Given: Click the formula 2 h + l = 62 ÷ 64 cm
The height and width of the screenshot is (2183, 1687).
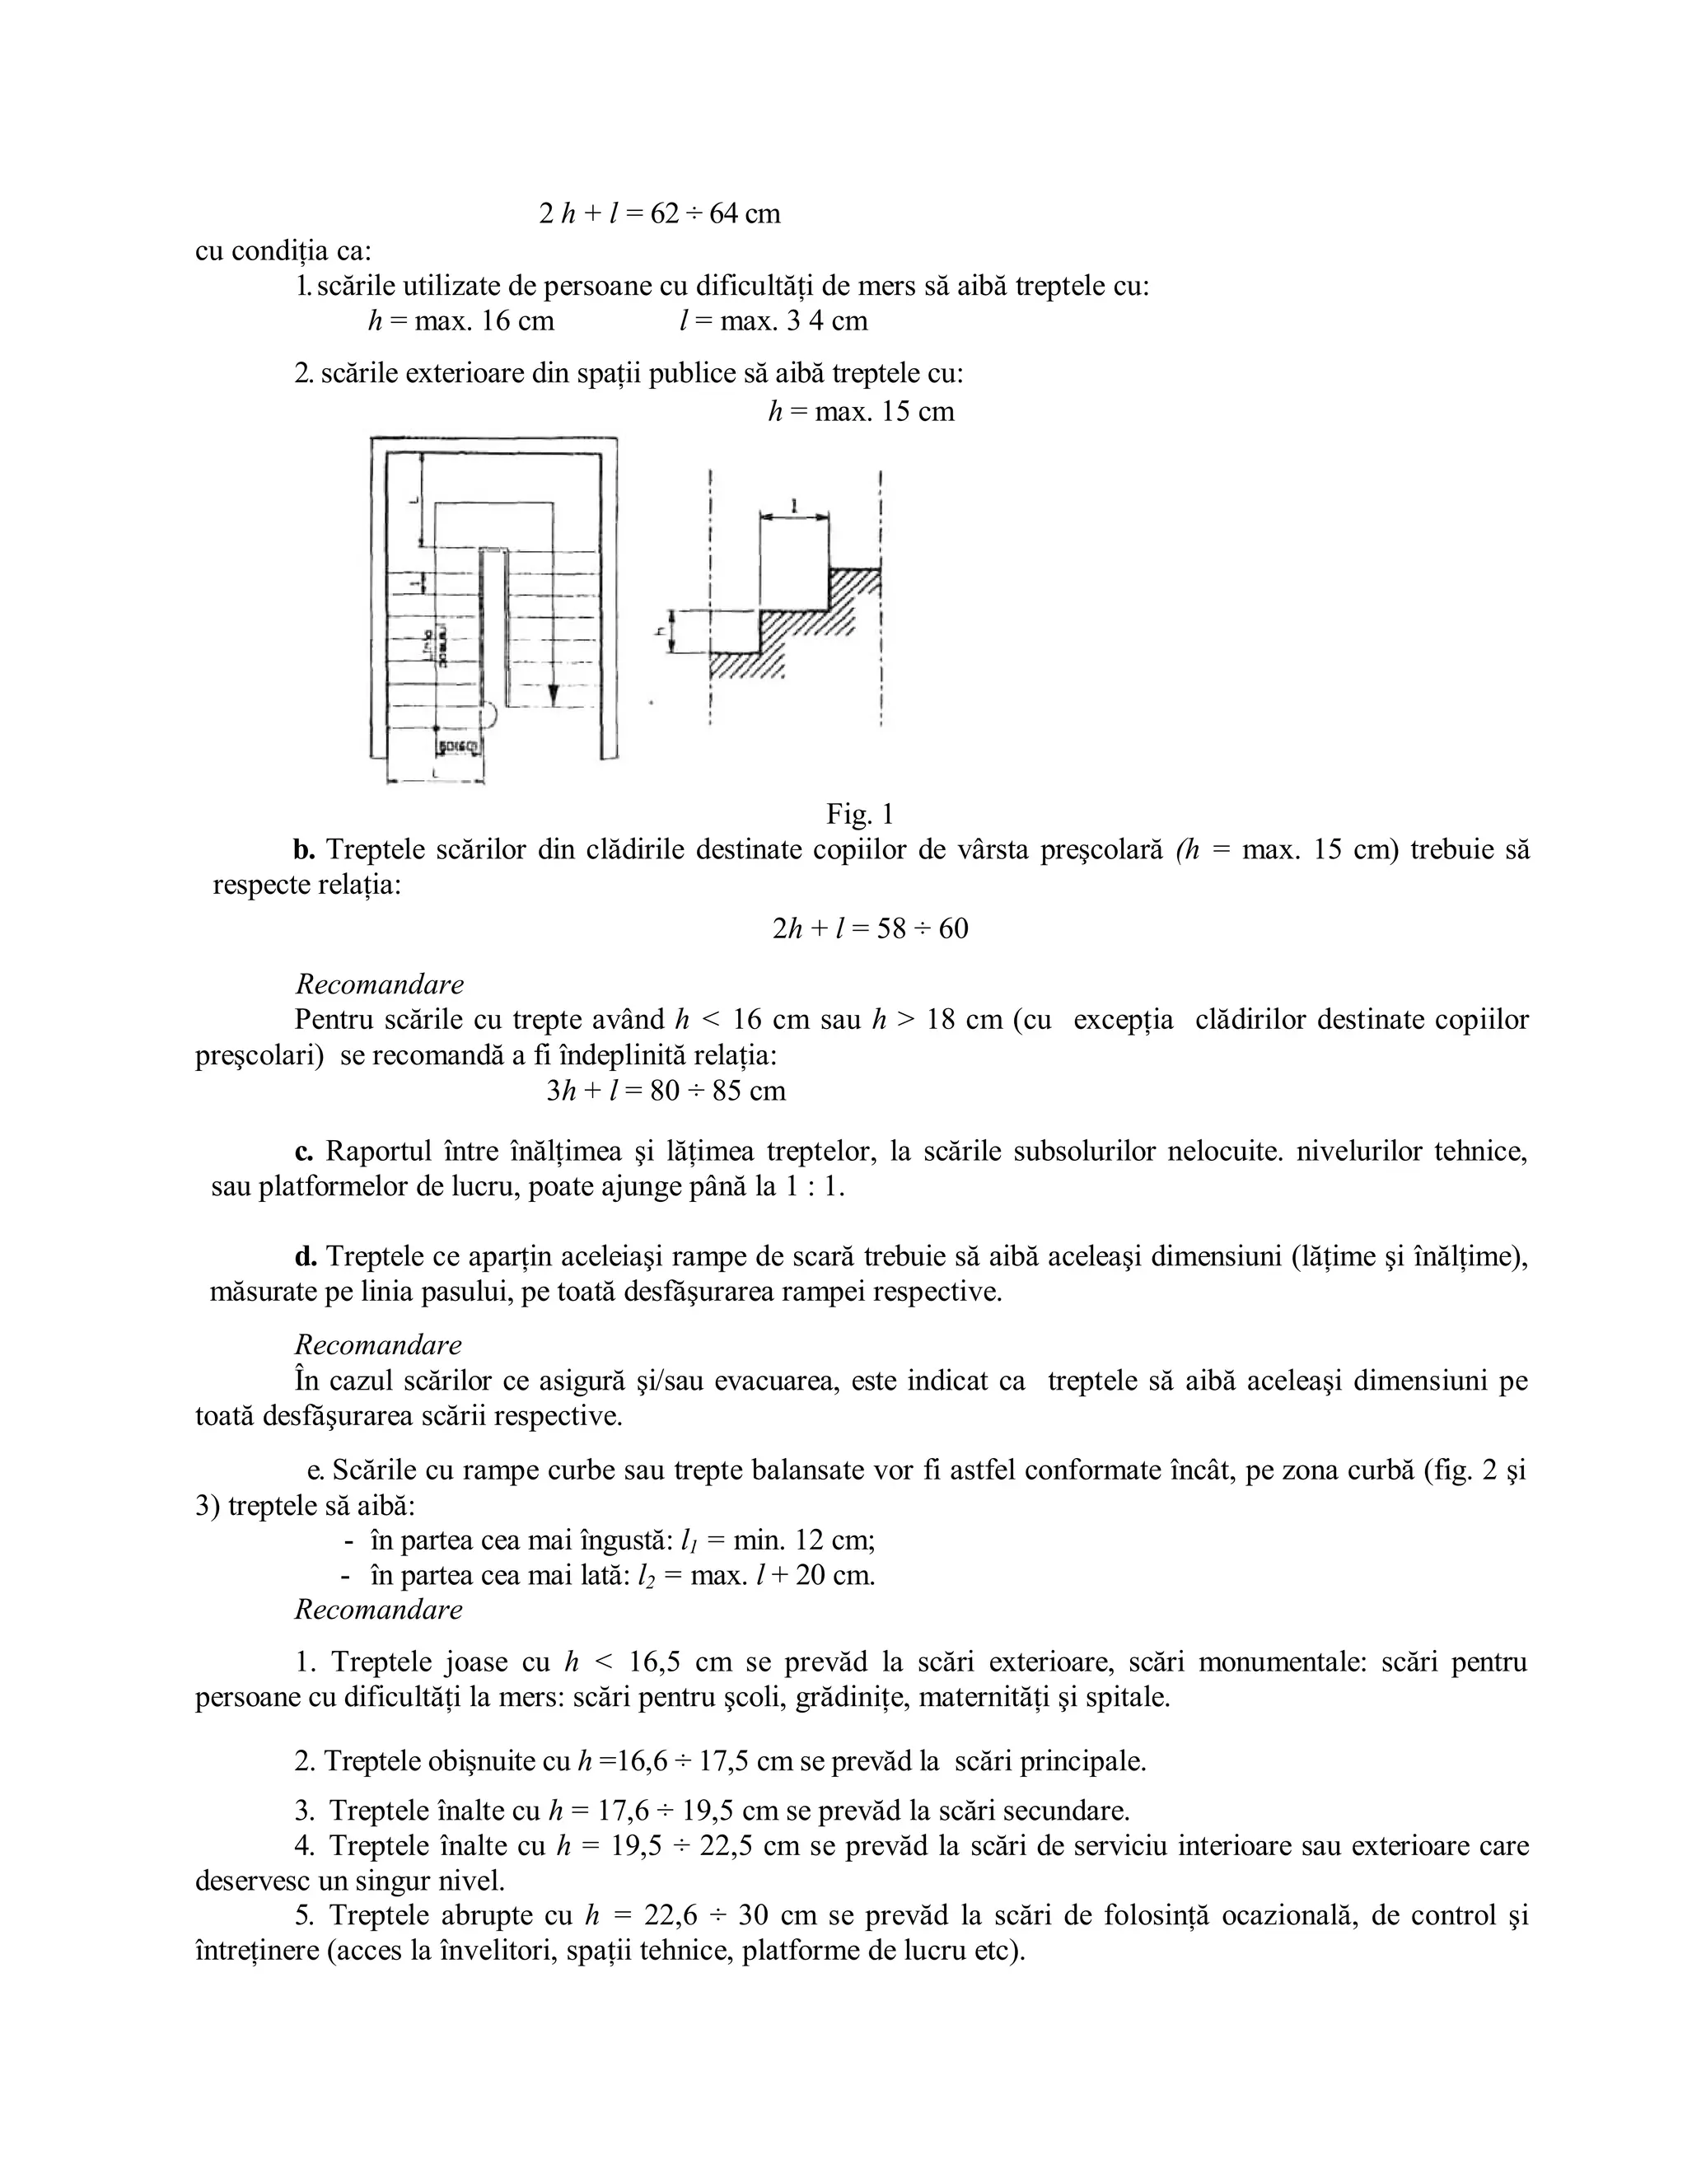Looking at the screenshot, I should tap(660, 214).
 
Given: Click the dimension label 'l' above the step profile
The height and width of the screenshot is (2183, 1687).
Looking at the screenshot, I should tap(793, 507).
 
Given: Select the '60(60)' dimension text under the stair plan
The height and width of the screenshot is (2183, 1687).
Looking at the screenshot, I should tap(459, 746).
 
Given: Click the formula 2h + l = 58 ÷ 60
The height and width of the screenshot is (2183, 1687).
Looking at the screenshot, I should tap(870, 928).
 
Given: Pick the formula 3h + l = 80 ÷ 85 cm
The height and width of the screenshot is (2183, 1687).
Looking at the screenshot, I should tap(666, 1090).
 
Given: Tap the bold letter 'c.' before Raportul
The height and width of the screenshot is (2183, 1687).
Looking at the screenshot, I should tap(304, 1152).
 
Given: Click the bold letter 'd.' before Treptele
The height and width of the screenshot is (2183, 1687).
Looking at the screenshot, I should tap(305, 1256).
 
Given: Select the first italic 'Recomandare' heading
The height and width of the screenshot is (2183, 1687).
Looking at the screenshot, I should tap(380, 984).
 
